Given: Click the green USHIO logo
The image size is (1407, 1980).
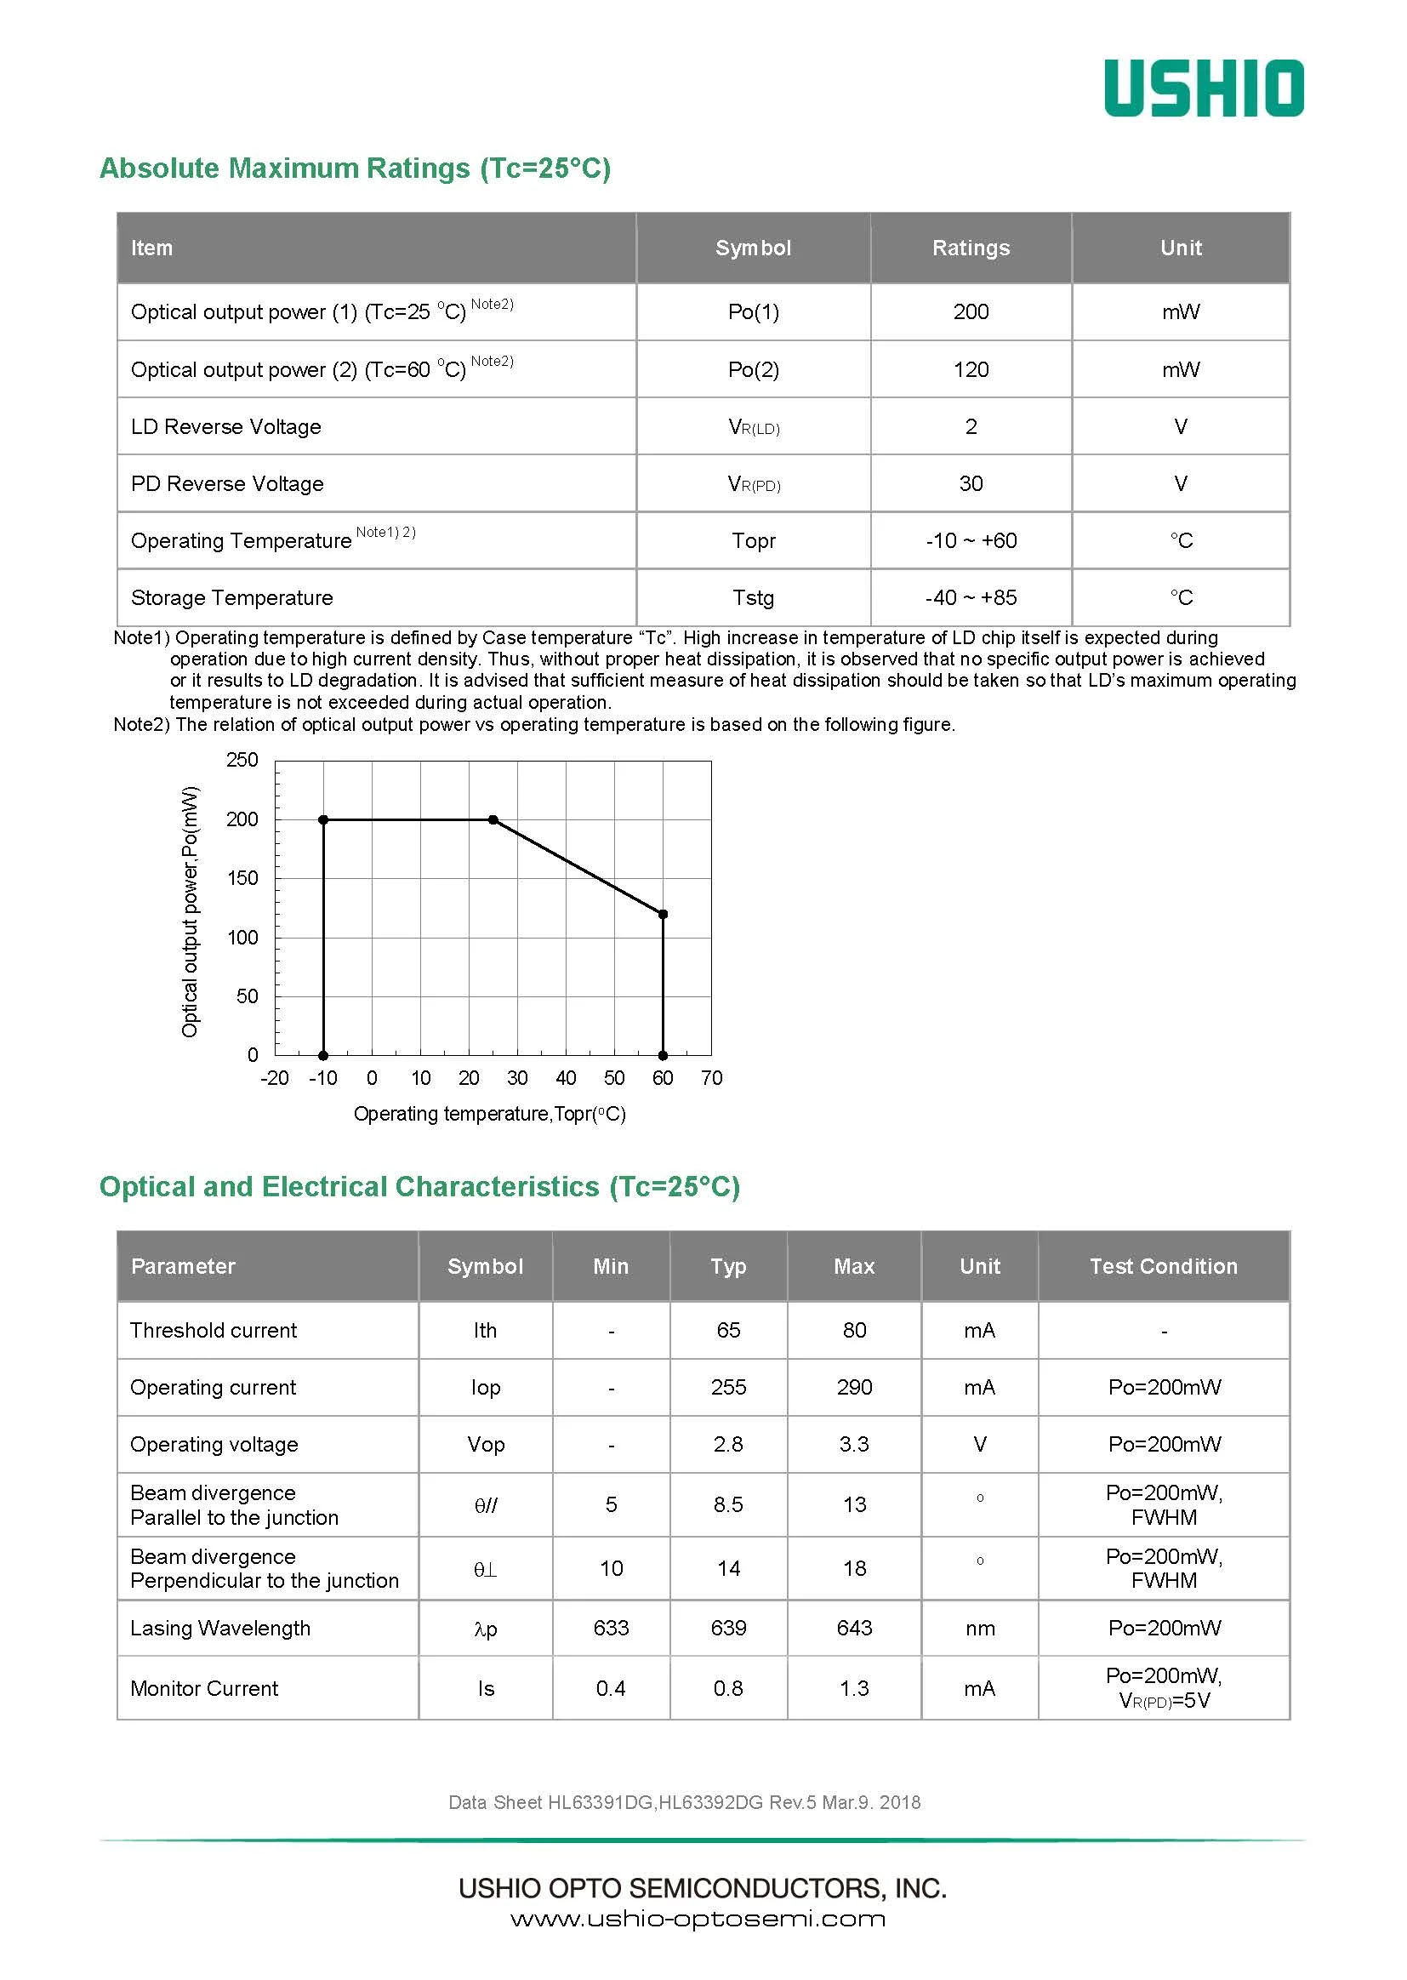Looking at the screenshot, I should [x=1204, y=88].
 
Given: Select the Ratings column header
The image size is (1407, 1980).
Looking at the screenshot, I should [x=971, y=248].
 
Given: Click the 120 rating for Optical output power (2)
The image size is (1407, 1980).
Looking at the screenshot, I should [x=971, y=370].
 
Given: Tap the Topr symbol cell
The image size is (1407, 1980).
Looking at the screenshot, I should [x=753, y=540].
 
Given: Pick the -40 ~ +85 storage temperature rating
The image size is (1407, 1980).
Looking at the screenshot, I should [x=971, y=598].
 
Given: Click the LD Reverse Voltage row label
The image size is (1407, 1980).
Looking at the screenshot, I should [x=226, y=427].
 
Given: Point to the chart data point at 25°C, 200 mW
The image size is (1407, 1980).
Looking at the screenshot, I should [x=493, y=819].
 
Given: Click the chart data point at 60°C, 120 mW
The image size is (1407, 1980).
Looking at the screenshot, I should [x=663, y=914].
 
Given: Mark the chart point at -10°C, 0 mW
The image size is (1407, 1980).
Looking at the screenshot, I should [x=323, y=1055].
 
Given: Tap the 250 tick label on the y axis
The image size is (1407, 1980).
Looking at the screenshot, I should [x=242, y=760].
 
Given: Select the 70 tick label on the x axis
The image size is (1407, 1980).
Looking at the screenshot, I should [x=711, y=1078].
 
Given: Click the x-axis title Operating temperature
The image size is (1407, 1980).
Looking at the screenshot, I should [x=488, y=1115].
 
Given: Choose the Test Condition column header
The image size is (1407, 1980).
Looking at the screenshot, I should [x=1163, y=1267].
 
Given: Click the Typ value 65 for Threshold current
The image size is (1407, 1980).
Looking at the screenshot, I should [x=728, y=1330].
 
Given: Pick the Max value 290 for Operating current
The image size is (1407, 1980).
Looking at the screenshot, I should [x=853, y=1387].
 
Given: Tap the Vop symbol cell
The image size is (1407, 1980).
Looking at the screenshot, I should [x=485, y=1445].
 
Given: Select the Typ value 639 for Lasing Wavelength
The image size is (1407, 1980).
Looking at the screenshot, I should [x=728, y=1629].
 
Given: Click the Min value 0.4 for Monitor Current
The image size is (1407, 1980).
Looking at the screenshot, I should [x=611, y=1688].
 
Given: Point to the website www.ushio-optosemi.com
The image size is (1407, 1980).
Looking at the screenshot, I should [x=698, y=1920].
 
